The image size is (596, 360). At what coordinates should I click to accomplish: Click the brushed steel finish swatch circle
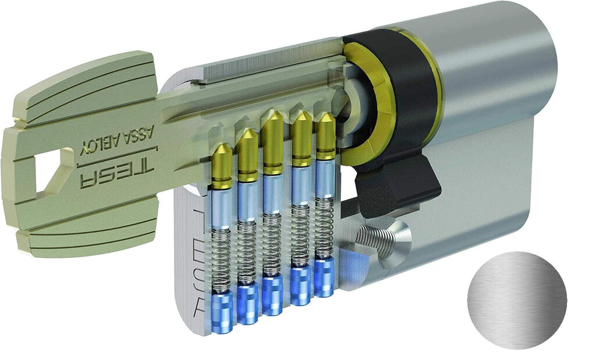pyautogui.click(x=516, y=300)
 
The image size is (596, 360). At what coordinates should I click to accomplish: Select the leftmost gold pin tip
pyautogui.click(x=222, y=154)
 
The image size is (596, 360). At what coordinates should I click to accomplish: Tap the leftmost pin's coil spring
pyautogui.click(x=221, y=259)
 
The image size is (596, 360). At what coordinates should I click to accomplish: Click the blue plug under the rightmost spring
pyautogui.click(x=324, y=277)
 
